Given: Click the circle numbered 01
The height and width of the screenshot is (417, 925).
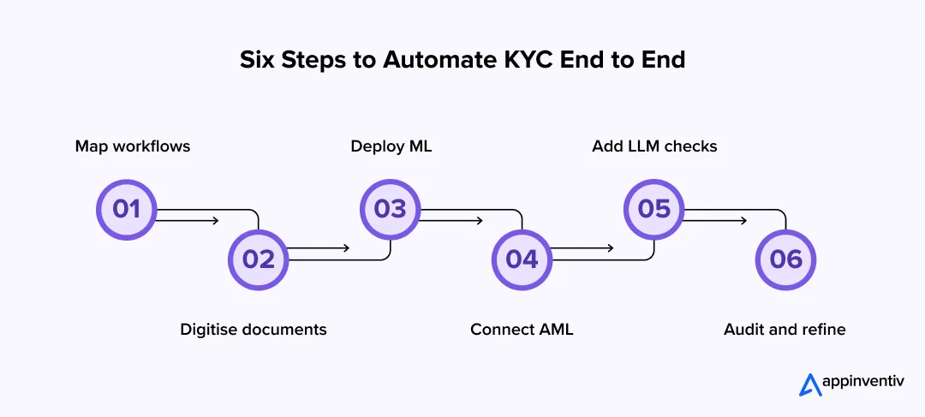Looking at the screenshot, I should [127, 209].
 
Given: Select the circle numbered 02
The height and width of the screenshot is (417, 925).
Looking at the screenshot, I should [259, 259].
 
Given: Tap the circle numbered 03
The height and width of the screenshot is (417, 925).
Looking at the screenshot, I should [391, 209].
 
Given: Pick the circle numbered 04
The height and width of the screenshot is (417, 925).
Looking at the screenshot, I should [522, 259].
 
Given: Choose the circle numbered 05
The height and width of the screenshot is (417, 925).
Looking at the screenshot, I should [654, 209].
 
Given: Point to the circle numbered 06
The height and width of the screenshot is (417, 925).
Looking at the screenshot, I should [785, 259].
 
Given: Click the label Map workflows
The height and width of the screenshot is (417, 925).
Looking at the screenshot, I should [133, 146].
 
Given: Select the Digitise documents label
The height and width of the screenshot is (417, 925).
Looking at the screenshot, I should [254, 330].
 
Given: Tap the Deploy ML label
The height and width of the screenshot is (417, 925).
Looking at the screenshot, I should [391, 146].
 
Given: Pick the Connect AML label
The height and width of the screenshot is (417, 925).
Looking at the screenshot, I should [522, 330].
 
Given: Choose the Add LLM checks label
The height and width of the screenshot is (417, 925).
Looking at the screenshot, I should [654, 146].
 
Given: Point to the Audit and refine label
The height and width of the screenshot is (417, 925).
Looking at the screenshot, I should [785, 330].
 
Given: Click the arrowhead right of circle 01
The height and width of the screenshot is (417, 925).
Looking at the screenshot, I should [215, 220].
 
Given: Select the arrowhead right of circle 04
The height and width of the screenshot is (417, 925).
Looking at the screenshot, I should [610, 248].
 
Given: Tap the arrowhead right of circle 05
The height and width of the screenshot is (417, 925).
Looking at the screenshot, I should [743, 220].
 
